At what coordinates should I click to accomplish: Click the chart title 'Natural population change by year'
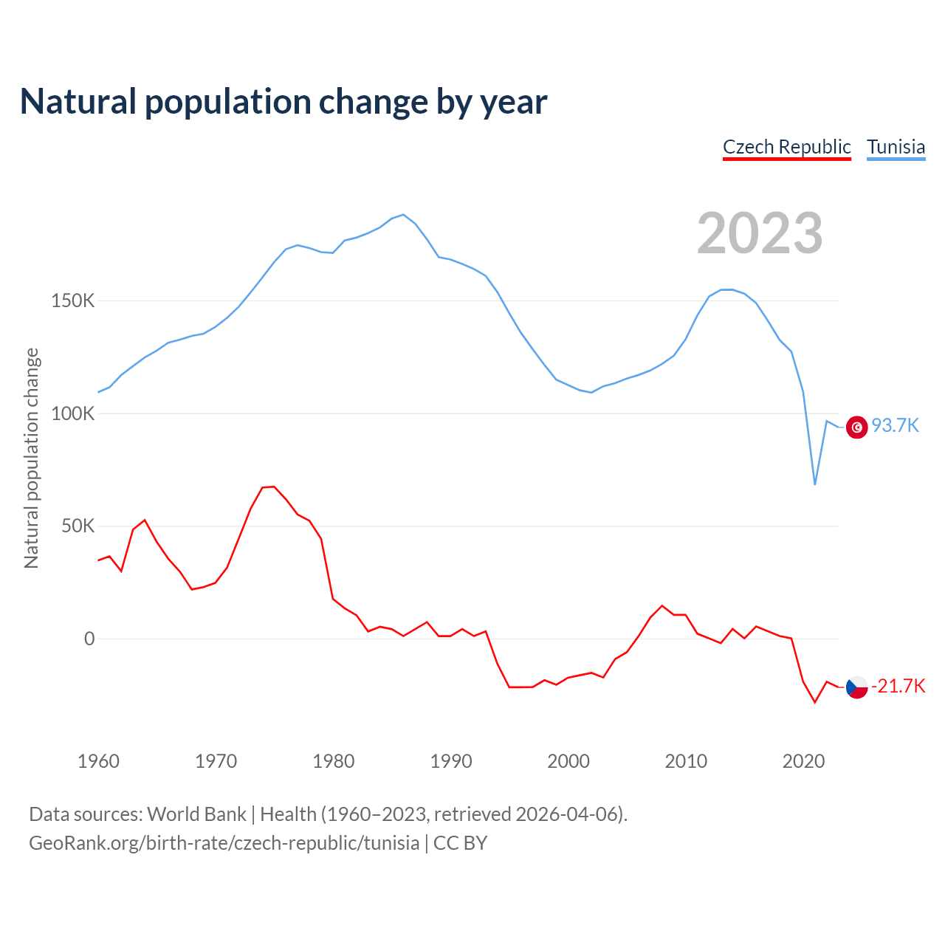pyautogui.click(x=283, y=102)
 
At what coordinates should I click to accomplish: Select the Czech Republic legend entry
pyautogui.click(x=786, y=147)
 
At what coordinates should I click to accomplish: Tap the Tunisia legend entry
pyautogui.click(x=896, y=147)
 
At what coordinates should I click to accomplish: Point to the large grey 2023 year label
pyautogui.click(x=759, y=233)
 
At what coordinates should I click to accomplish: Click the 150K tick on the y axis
pyautogui.click(x=72, y=301)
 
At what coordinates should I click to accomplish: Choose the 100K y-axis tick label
pyautogui.click(x=72, y=413)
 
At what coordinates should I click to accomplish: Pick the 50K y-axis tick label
pyautogui.click(x=78, y=526)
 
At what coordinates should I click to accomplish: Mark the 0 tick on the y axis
pyautogui.click(x=89, y=639)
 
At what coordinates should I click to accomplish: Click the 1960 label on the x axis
pyautogui.click(x=98, y=761)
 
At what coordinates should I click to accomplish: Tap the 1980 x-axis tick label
pyautogui.click(x=334, y=761)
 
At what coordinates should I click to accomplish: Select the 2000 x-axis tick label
pyautogui.click(x=568, y=761)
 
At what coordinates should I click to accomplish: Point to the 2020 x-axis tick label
pyautogui.click(x=803, y=761)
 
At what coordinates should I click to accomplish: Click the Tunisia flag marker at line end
pyautogui.click(x=856, y=427)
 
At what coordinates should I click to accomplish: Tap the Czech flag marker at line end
pyautogui.click(x=856, y=687)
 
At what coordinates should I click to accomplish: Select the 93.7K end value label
pyautogui.click(x=895, y=426)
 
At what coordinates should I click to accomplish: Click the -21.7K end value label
pyautogui.click(x=898, y=687)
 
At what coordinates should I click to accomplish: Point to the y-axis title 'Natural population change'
pyautogui.click(x=32, y=458)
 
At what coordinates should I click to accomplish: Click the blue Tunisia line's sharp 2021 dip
pyautogui.click(x=815, y=484)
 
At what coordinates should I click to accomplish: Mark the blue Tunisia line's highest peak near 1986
pyautogui.click(x=403, y=215)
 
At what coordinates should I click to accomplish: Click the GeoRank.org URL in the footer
pyautogui.click(x=224, y=843)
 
